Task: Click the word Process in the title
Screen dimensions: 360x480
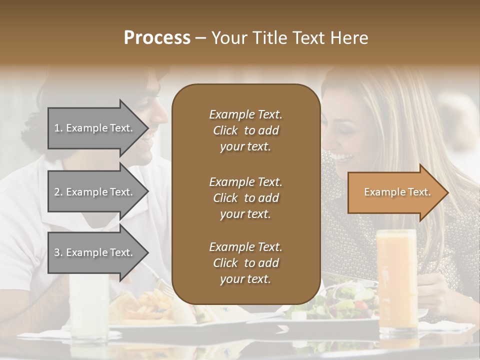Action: click(x=157, y=38)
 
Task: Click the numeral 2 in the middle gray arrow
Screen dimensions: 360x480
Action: click(x=57, y=192)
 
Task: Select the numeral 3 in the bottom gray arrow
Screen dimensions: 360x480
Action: click(x=57, y=252)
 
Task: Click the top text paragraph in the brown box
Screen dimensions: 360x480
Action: click(x=245, y=130)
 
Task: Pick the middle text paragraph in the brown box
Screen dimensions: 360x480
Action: click(x=245, y=198)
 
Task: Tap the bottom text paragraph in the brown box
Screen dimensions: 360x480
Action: click(x=245, y=263)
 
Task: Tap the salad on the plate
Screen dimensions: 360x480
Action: click(x=345, y=300)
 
